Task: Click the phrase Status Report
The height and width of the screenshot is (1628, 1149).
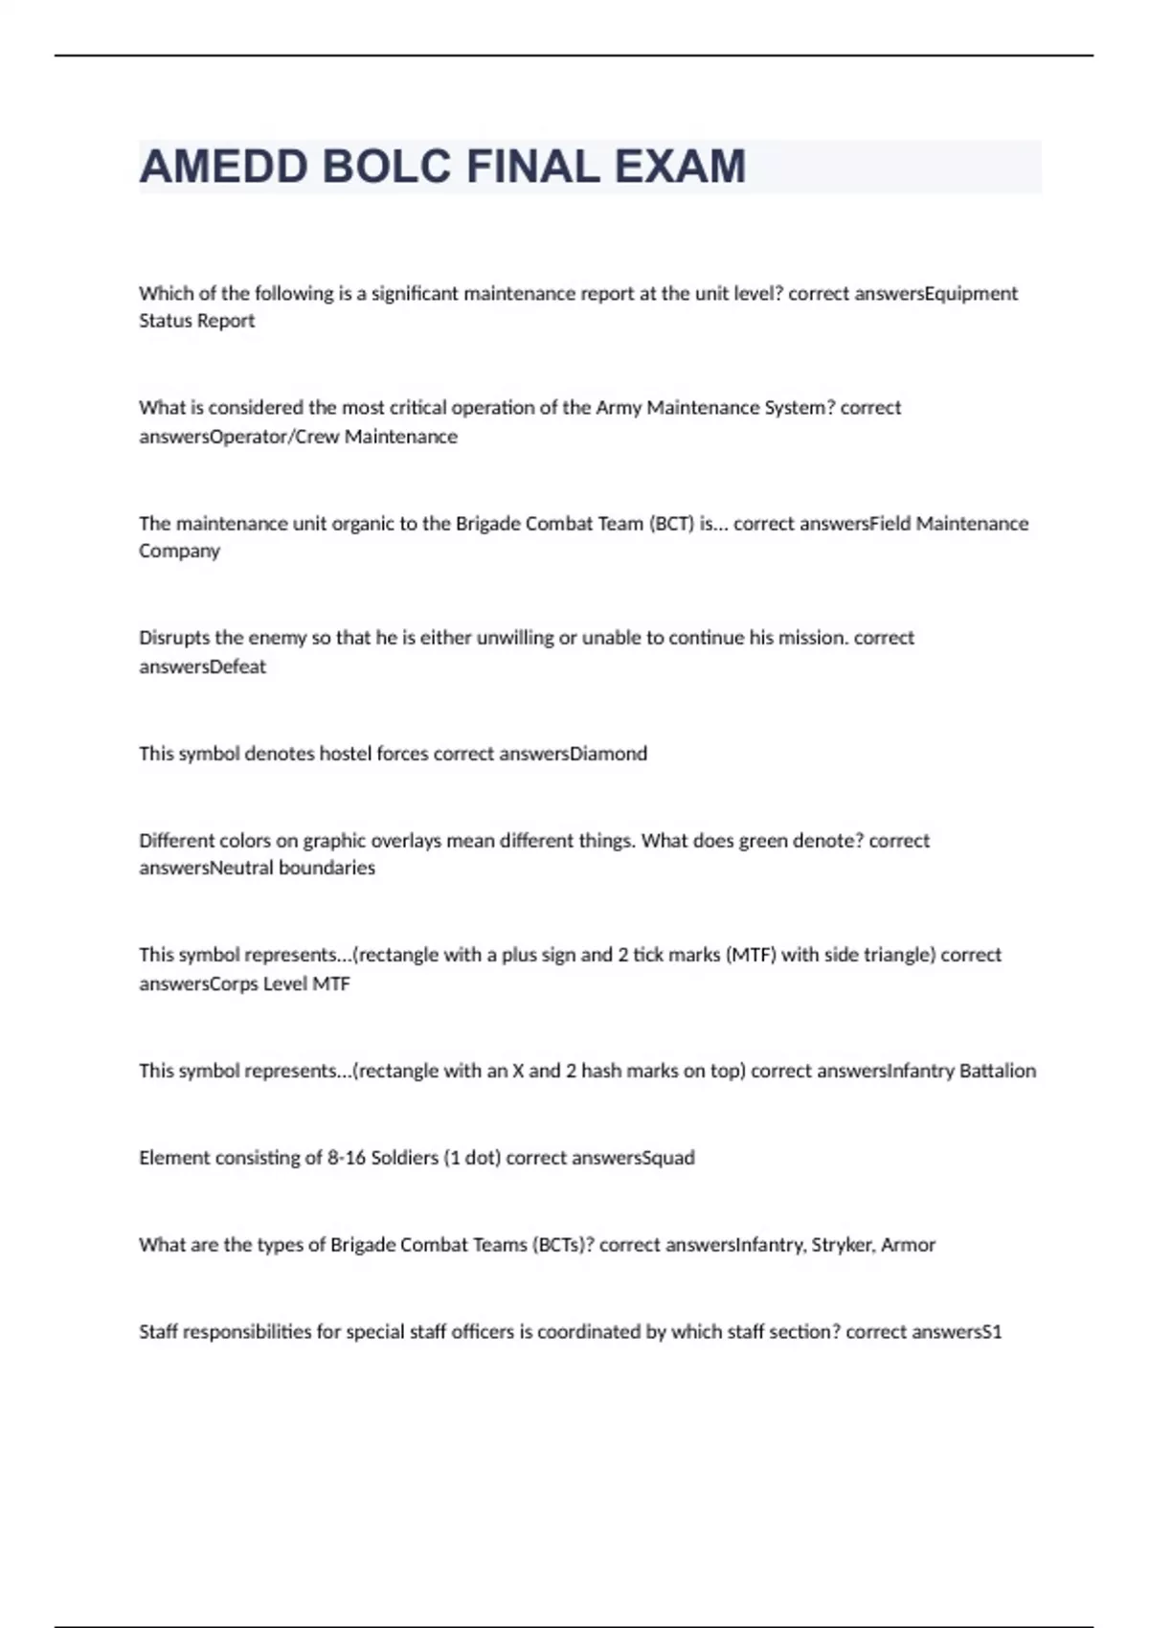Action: [x=196, y=321]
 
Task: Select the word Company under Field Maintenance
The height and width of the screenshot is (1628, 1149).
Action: [x=179, y=552]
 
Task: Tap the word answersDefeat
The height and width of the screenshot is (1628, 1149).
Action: [x=202, y=667]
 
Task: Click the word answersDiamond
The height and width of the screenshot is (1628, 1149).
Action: [x=589, y=754]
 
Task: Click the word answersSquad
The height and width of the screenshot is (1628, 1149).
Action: [x=633, y=1158]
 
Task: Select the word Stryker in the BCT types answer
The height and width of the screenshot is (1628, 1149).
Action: [x=843, y=1245]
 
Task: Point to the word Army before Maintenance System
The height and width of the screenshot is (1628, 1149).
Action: [x=619, y=408]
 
